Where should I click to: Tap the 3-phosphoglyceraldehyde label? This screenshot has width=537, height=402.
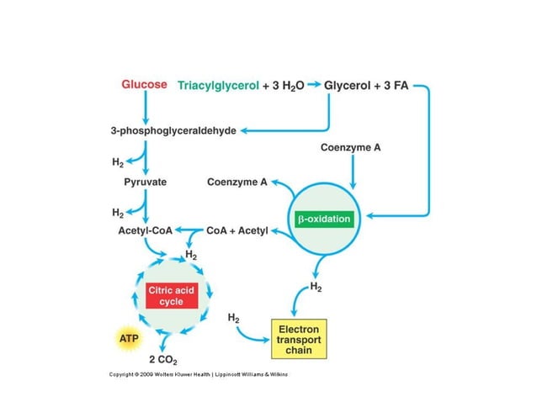pyautogui.click(x=173, y=130)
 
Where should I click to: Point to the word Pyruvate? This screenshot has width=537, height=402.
pyautogui.click(x=145, y=181)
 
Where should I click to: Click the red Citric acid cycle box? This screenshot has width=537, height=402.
pyautogui.click(x=172, y=295)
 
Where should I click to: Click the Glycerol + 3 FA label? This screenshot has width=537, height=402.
pyautogui.click(x=368, y=86)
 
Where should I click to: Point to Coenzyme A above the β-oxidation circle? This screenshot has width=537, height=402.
pyautogui.click(x=351, y=147)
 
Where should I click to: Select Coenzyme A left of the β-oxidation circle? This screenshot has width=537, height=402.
pyautogui.click(x=237, y=182)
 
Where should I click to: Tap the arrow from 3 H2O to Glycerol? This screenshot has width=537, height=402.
pyautogui.click(x=314, y=86)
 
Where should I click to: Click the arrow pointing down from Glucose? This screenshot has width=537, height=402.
pyautogui.click(x=146, y=107)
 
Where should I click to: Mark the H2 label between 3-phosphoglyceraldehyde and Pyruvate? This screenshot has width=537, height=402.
pyautogui.click(x=118, y=161)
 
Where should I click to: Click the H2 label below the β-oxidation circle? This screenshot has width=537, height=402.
pyautogui.click(x=316, y=287)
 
